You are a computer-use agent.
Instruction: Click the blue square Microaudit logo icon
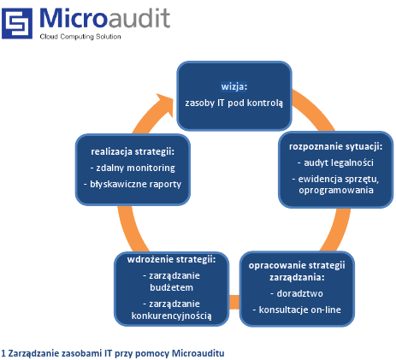click(17, 23)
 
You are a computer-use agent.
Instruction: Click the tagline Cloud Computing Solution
click(80, 37)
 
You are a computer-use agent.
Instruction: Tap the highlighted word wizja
click(233, 86)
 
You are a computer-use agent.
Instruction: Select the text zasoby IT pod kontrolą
click(234, 103)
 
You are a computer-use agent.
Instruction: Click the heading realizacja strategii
click(133, 151)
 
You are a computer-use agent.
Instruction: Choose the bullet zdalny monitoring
click(133, 168)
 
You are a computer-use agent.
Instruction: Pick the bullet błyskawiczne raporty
click(133, 184)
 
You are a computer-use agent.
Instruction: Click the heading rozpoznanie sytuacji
click(335, 146)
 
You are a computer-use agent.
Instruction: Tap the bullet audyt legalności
click(335, 162)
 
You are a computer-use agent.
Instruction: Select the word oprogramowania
click(336, 190)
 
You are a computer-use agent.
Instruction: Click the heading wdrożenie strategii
click(171, 260)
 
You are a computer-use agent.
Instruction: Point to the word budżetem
click(171, 287)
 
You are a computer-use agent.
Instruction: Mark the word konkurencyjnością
click(171, 316)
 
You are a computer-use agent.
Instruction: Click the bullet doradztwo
click(297, 293)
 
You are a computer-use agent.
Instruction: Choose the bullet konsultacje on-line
click(297, 310)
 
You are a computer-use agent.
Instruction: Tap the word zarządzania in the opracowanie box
click(297, 277)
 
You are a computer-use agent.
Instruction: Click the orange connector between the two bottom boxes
click(234, 302)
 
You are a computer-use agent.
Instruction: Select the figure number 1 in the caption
click(3, 353)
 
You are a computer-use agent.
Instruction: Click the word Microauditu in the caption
click(198, 353)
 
